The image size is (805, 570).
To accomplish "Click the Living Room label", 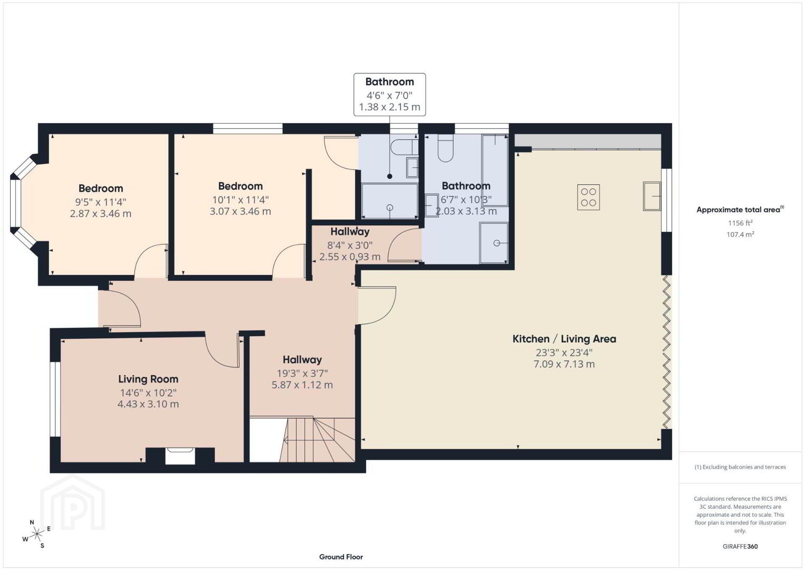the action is (148, 379).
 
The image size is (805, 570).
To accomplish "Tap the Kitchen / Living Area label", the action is (564, 339).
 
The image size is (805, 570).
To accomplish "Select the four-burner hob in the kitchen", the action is (588, 197).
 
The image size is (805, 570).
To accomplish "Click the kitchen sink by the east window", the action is (652, 196).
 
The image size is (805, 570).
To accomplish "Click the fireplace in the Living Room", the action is (180, 455).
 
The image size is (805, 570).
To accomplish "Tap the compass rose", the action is (36, 534).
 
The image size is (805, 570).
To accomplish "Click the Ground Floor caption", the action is (341, 557).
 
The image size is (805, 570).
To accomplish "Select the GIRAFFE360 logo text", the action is (740, 546).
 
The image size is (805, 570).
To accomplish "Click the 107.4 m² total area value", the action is (740, 234).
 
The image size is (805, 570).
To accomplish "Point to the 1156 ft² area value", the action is (740, 223).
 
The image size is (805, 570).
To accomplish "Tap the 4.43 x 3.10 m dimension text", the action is (148, 404).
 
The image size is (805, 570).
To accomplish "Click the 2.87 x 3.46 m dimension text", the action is (101, 214).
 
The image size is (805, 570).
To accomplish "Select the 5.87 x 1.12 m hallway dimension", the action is (302, 385).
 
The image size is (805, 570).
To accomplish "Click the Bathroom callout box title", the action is (389, 82).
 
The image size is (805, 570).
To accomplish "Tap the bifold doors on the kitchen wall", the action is (667, 352).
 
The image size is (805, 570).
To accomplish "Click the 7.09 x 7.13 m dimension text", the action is (564, 364).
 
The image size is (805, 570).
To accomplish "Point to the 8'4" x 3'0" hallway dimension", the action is (350, 245).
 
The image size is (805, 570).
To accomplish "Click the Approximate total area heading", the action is (740, 210).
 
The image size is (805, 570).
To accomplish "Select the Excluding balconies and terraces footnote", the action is (740, 467).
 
